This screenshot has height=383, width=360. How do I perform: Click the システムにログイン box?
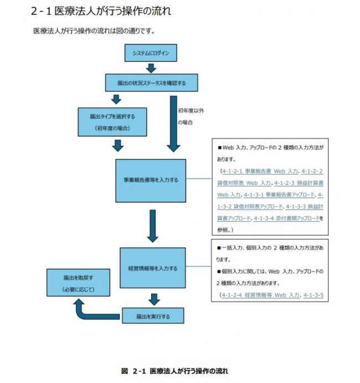pyautogui.click(x=151, y=54)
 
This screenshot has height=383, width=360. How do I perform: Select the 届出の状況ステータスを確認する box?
pyautogui.click(x=151, y=83)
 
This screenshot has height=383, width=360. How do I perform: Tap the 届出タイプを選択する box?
pyautogui.click(x=112, y=122)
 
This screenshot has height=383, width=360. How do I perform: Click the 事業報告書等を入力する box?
pyautogui.click(x=151, y=180)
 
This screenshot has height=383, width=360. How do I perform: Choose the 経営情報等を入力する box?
pyautogui.click(x=152, y=268)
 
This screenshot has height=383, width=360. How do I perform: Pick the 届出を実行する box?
pyautogui.click(x=153, y=317)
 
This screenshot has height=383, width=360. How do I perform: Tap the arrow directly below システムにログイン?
pyautogui.click(x=151, y=68)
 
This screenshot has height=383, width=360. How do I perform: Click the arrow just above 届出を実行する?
pyautogui.click(x=154, y=299)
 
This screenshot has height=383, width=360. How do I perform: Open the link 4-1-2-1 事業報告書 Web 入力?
pyautogui.click(x=260, y=172)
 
